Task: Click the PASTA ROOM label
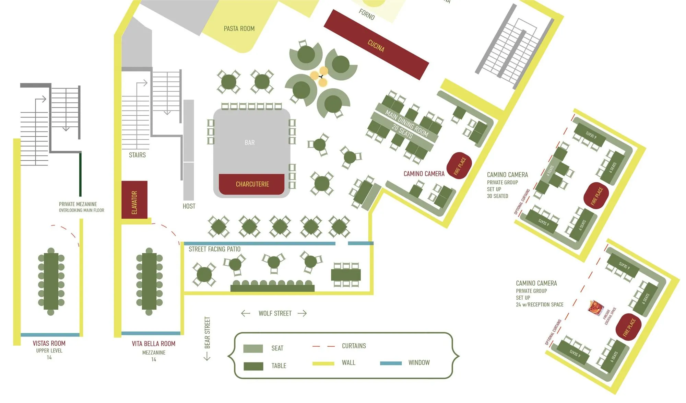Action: (239, 28)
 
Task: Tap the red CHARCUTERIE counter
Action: (252, 184)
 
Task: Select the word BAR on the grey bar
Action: (250, 142)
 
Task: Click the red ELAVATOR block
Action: (134, 199)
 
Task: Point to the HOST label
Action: (189, 206)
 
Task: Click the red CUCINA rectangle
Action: (376, 45)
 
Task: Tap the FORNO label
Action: (367, 14)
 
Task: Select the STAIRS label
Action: (137, 155)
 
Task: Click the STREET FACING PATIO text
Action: (214, 249)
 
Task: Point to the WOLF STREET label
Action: (275, 313)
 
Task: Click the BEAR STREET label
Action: (207, 332)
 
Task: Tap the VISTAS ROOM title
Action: (49, 343)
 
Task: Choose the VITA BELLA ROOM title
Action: (153, 344)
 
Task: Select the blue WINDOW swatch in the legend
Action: (391, 363)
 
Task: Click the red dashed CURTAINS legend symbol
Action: (323, 346)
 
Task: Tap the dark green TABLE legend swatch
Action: (253, 366)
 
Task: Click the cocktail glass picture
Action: (596, 307)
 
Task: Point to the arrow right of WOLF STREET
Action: (302, 313)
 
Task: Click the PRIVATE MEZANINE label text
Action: (78, 204)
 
